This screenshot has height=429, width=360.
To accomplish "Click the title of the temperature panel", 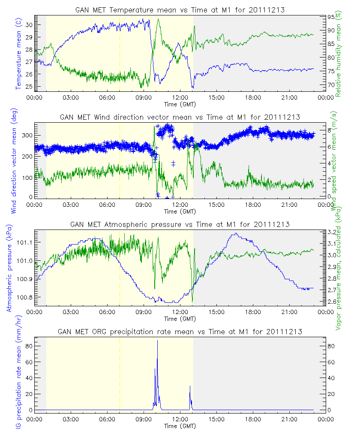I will click(180, 9).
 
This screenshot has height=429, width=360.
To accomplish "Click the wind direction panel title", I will click(180, 117).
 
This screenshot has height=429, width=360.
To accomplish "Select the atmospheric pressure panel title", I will click(180, 224).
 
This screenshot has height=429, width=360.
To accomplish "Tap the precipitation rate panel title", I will click(180, 332).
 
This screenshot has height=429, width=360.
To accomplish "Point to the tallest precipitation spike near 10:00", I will click(157, 341).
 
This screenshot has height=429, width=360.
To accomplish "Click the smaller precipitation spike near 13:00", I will click(190, 387).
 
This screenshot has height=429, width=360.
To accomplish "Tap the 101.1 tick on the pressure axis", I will click(24, 242).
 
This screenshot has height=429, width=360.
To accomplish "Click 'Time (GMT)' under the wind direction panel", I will click(180, 211).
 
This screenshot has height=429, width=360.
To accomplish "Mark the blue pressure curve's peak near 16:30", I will click(235, 234).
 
